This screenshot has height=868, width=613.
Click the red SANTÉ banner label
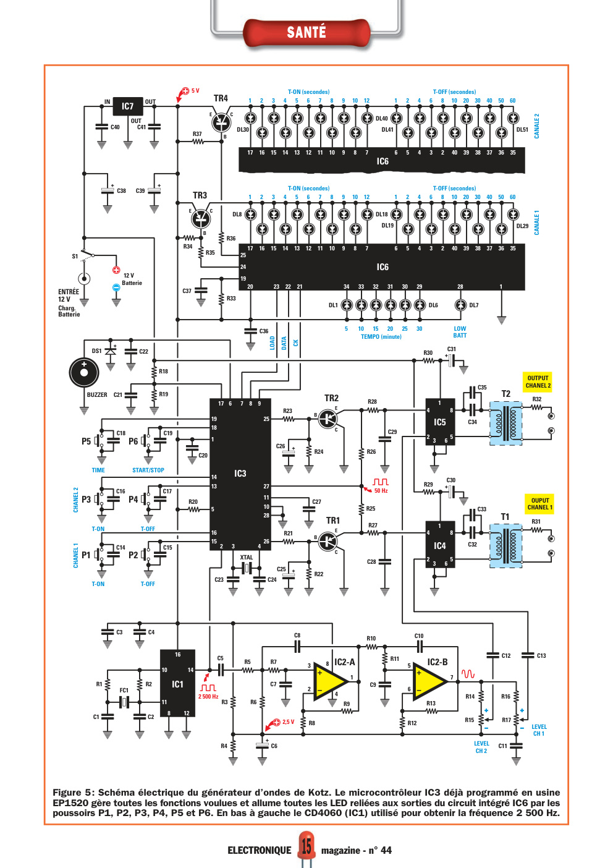(x=306, y=32)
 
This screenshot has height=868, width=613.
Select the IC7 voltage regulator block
(x=128, y=106)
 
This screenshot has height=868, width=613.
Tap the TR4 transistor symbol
(x=222, y=122)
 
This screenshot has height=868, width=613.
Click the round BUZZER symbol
(x=84, y=372)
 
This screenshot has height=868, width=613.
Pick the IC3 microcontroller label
(x=240, y=473)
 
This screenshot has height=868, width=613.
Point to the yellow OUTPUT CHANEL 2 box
(x=538, y=381)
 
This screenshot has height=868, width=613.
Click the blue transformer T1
(x=505, y=546)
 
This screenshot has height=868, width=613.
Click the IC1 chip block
(x=178, y=683)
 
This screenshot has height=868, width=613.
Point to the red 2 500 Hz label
(x=208, y=696)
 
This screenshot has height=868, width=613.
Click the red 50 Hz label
(x=381, y=491)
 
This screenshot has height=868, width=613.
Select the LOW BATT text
(x=460, y=332)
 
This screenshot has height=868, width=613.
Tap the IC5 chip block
(x=440, y=422)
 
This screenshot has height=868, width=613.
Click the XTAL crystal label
(x=247, y=557)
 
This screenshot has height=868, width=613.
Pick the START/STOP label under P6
(x=148, y=470)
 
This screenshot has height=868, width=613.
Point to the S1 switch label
(x=75, y=256)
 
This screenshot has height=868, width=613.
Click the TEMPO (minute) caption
(x=381, y=337)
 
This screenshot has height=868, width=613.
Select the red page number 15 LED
(x=306, y=845)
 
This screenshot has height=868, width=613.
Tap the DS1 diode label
(x=96, y=351)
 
